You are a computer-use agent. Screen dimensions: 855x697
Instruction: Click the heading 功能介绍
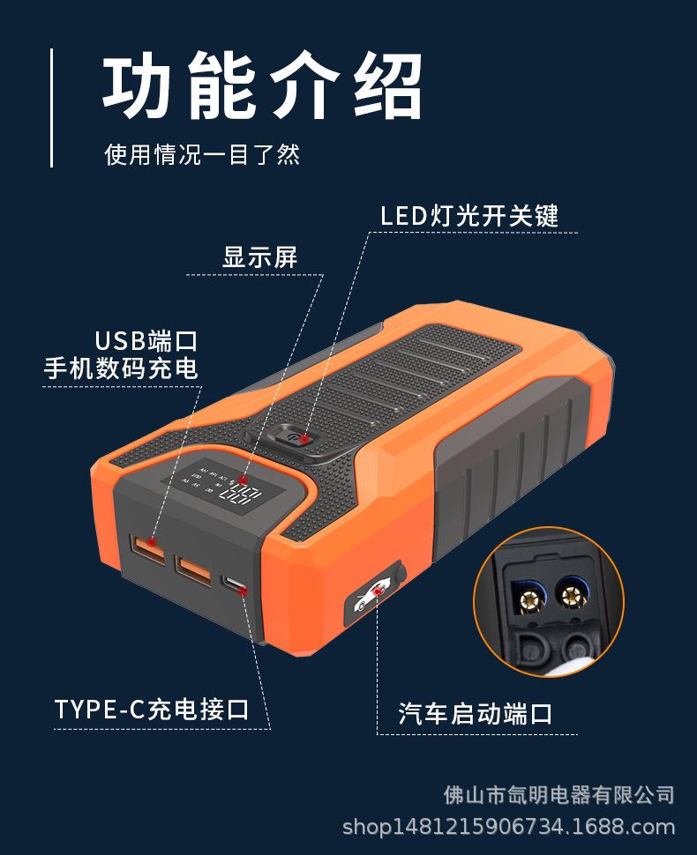[262, 88]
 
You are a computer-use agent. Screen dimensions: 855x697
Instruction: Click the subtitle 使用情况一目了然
[202, 154]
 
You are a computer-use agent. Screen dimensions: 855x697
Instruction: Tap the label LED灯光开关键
[469, 215]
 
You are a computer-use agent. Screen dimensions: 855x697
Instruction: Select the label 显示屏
[260, 257]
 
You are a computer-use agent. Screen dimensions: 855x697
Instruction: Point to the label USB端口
[146, 340]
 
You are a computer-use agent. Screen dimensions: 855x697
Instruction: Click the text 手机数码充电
[121, 368]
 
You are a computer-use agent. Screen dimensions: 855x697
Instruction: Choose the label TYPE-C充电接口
[152, 709]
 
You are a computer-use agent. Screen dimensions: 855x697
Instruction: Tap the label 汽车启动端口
[476, 712]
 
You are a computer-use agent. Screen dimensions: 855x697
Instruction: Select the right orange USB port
[193, 569]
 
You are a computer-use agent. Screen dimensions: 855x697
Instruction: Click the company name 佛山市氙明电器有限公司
[558, 794]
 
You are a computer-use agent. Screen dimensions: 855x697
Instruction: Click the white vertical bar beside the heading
[51, 108]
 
